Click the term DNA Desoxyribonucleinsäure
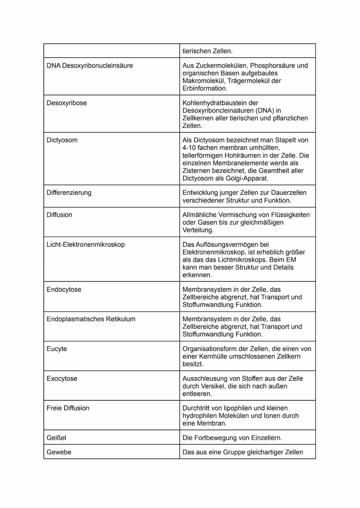click(90, 66)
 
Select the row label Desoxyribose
click(67, 103)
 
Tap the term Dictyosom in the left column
click(62, 140)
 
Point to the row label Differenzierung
click(69, 193)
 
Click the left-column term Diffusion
click(60, 215)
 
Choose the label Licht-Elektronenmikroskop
click(86, 245)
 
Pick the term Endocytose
click(64, 289)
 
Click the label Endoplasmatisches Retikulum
click(91, 319)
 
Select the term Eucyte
click(57, 349)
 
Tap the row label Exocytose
click(62, 379)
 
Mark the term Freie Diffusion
click(68, 408)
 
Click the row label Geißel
click(57, 438)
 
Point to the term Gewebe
click(59, 452)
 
